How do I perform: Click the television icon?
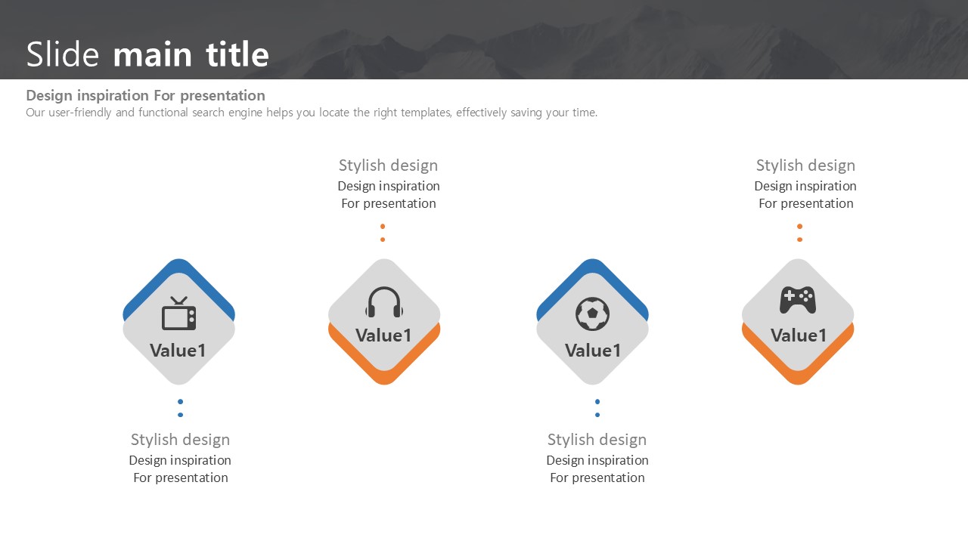point(179,314)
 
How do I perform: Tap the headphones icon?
point(384,302)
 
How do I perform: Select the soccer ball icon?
point(592,314)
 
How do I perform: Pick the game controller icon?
point(798,300)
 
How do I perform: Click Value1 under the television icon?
point(178,351)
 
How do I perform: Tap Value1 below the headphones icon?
point(383,335)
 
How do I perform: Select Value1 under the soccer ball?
point(593,351)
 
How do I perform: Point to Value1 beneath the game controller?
point(799,335)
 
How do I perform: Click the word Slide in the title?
point(63,54)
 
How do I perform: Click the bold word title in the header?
point(237,54)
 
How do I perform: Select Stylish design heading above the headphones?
point(388,165)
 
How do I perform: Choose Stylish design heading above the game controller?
point(805,165)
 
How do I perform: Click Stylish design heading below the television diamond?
point(180,440)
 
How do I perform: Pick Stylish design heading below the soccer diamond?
point(597,440)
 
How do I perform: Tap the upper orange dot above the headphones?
point(383,226)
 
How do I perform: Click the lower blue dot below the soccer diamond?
point(597,415)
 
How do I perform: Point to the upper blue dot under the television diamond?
point(180,401)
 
